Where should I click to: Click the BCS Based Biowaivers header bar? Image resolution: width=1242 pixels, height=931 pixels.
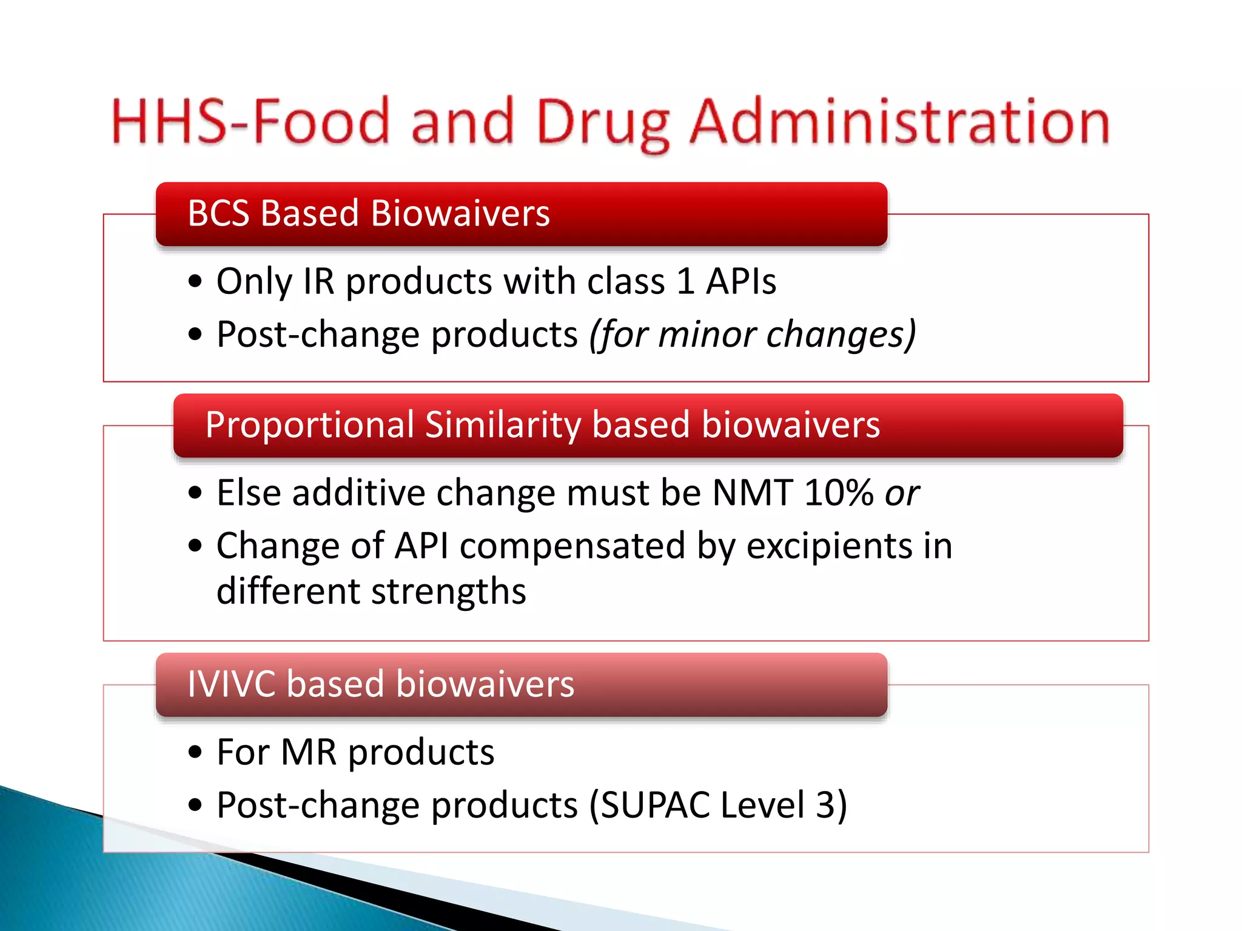(x=522, y=214)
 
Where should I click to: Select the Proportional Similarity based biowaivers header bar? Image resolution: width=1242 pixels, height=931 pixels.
(x=648, y=425)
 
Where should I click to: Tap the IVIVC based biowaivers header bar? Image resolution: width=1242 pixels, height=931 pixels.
(x=522, y=684)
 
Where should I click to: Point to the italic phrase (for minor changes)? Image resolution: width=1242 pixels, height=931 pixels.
(x=753, y=335)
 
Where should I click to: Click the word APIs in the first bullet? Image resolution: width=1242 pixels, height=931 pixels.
(x=740, y=282)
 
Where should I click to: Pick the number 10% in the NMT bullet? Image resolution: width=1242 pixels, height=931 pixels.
(x=838, y=493)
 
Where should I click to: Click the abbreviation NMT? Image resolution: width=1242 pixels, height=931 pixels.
(x=752, y=493)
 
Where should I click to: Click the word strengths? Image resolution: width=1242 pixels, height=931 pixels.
(x=448, y=592)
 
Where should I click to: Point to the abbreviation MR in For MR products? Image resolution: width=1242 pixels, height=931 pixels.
(x=309, y=753)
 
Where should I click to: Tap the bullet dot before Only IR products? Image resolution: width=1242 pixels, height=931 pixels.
(x=195, y=282)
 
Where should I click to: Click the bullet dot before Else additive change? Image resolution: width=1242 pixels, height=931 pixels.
(x=195, y=493)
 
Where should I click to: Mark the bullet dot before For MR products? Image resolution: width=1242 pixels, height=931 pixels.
(x=195, y=753)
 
